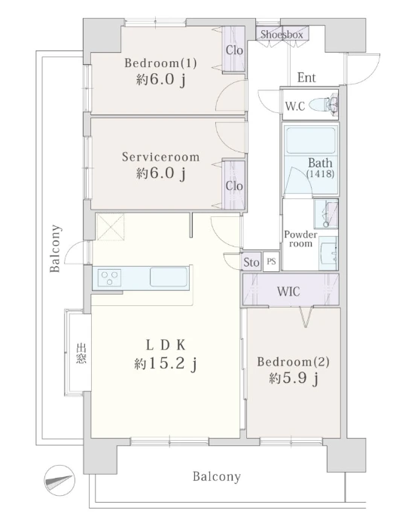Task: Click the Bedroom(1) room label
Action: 160,63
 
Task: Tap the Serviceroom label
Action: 160,158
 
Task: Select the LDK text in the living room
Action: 166,345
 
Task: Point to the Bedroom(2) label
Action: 293,362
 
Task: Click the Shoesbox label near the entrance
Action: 282,35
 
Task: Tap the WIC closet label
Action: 289,289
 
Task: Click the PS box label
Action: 271,262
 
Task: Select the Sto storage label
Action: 251,262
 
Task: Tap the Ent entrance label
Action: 306,78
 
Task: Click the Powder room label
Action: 299,239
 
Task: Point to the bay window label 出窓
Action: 80,353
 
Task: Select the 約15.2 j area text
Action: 166,365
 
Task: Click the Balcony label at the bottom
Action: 216,476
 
